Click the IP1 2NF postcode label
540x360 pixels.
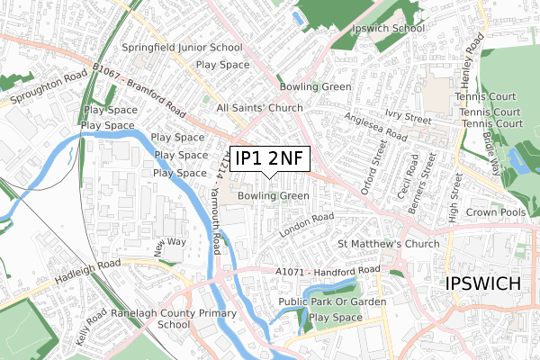269,159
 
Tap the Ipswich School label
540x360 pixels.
390,29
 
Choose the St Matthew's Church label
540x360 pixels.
388,244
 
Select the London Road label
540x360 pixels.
306,224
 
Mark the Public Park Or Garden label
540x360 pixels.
332,301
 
